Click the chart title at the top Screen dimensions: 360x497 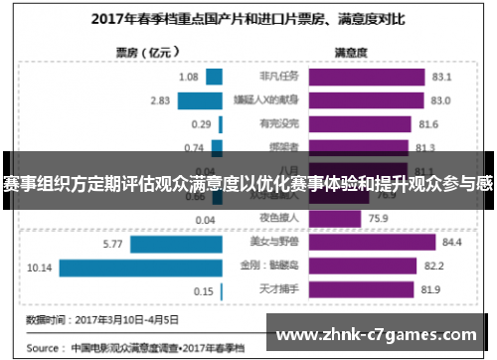tap(248, 17)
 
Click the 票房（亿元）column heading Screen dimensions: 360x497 tap(138, 54)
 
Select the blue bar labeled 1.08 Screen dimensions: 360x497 tap(213, 77)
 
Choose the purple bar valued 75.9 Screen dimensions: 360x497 tap(338, 219)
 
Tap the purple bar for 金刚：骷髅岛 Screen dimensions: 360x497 tap(359, 267)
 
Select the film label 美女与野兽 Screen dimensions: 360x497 tap(272, 243)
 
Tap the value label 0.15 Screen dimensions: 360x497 tap(203, 290)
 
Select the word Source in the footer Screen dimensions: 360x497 tap(45, 349)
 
